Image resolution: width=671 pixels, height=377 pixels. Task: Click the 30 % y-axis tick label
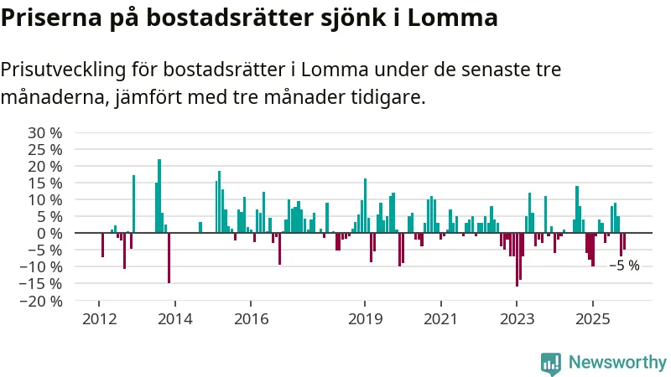[x=45, y=132]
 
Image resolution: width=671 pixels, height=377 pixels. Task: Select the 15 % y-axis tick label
[x=45, y=183]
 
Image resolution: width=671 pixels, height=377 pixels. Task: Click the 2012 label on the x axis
[x=99, y=318]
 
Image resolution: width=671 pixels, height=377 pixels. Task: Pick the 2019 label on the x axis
[x=365, y=318]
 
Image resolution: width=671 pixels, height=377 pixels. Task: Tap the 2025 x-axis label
[x=593, y=318]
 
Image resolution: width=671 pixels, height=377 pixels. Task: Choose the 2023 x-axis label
[x=517, y=318]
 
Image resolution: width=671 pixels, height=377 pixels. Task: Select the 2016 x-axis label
[x=251, y=318]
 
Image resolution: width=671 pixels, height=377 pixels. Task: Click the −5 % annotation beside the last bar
[x=623, y=266]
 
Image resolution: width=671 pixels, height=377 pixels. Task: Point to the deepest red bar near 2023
[x=517, y=259]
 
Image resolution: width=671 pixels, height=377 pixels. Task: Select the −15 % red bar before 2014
[x=169, y=257]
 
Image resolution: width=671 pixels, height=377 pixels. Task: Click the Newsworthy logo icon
[x=551, y=362]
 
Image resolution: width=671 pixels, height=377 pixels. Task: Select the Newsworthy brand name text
[x=617, y=362]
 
